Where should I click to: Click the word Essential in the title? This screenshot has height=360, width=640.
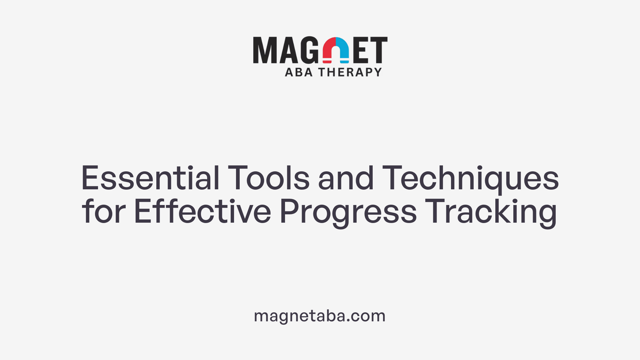point(150,178)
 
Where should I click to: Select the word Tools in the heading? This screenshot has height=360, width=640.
point(269,178)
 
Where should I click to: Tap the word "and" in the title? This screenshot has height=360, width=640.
point(346,178)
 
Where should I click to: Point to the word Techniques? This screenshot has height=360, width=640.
point(470,178)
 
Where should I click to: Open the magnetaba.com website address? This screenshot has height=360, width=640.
point(320,316)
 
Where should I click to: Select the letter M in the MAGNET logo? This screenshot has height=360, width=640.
point(265,50)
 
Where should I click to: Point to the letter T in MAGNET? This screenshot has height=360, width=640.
point(378,50)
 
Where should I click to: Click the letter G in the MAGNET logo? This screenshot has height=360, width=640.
point(310,50)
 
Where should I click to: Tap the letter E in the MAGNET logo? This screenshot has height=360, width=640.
point(361,50)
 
